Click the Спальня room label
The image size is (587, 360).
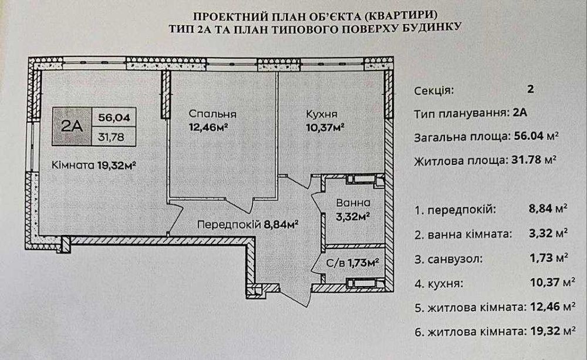click(x=212, y=114)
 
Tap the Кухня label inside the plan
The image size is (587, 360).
click(x=322, y=114)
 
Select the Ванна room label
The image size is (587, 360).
click(x=353, y=203)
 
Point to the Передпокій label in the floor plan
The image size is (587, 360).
click(x=229, y=225)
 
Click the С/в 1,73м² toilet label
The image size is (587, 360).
click(x=352, y=263)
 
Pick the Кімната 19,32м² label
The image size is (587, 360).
click(x=93, y=165)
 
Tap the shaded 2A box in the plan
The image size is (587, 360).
click(x=72, y=126)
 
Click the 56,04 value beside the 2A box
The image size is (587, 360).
click(x=114, y=117)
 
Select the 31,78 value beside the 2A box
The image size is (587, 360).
click(x=111, y=137)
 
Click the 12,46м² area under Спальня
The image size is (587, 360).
click(x=208, y=127)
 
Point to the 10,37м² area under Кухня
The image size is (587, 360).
click(x=325, y=128)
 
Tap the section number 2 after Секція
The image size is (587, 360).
click(x=530, y=89)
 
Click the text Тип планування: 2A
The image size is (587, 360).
click(x=471, y=113)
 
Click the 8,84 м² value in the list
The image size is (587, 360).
click(x=548, y=208)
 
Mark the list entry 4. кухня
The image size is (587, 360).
click(x=438, y=283)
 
